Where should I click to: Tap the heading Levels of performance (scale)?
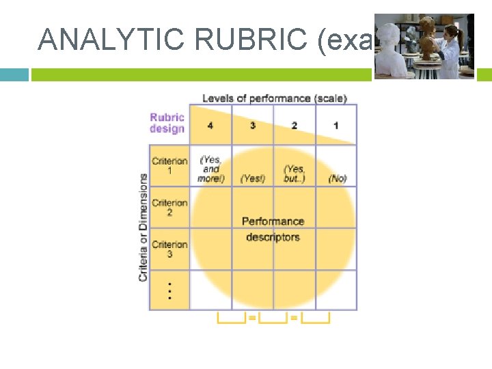click(x=274, y=98)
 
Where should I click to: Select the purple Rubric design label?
click(x=167, y=123)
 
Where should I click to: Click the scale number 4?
click(x=210, y=126)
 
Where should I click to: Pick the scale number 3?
click(x=252, y=126)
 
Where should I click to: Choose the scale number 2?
click(x=294, y=126)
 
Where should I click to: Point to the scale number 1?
click(x=336, y=126)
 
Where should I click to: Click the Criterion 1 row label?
click(x=169, y=166)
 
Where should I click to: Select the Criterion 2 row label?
click(x=169, y=208)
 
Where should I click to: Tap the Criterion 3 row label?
click(x=169, y=249)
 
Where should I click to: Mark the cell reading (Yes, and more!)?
click(x=211, y=169)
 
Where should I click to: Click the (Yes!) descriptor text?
click(x=252, y=178)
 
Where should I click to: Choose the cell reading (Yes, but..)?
click(x=295, y=174)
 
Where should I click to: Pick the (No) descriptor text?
click(x=338, y=178)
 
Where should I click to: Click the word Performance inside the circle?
click(x=273, y=221)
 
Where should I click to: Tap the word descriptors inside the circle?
click(x=273, y=237)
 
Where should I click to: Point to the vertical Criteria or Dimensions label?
click(x=143, y=227)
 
